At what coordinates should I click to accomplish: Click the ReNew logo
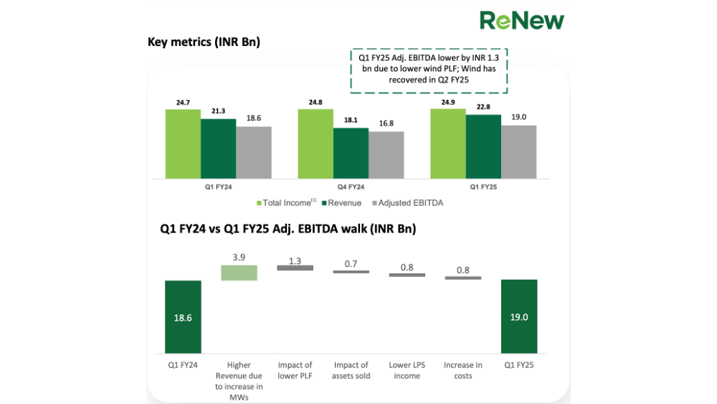coord(522,21)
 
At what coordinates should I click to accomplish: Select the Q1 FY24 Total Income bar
coord(183,144)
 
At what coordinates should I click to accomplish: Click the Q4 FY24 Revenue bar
coord(351,154)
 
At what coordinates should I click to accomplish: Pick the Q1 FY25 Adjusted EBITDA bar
coord(518,152)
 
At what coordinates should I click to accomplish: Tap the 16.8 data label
coord(386,123)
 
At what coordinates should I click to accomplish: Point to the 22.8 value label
coord(483,107)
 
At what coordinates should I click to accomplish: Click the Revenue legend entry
coord(341,202)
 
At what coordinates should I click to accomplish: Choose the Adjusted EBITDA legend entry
coord(407,202)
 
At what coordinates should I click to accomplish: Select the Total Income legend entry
coord(286,202)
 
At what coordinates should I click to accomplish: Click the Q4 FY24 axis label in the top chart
coord(351,187)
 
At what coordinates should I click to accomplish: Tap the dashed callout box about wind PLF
coord(429,71)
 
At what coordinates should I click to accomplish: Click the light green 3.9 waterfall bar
coord(239,273)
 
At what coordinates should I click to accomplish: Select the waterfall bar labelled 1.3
coord(295,268)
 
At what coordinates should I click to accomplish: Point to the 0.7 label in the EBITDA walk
coord(351,264)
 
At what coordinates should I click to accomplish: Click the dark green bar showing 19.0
coord(519,316)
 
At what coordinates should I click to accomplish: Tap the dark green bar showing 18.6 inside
coord(183,316)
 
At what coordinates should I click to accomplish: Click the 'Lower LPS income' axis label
coord(407,370)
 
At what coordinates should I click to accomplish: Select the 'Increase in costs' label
coord(462,370)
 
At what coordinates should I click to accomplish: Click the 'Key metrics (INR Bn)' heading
coord(204,42)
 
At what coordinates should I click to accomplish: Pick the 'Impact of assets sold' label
coord(351,370)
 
